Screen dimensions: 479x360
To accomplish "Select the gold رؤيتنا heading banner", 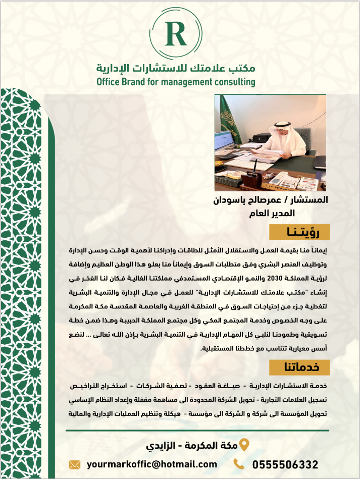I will (x=299, y=232).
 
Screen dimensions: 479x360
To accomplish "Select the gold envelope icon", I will (x=75, y=464).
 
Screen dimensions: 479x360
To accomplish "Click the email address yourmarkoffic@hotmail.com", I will (x=152, y=464).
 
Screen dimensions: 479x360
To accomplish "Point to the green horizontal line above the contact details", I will (x=197, y=431).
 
